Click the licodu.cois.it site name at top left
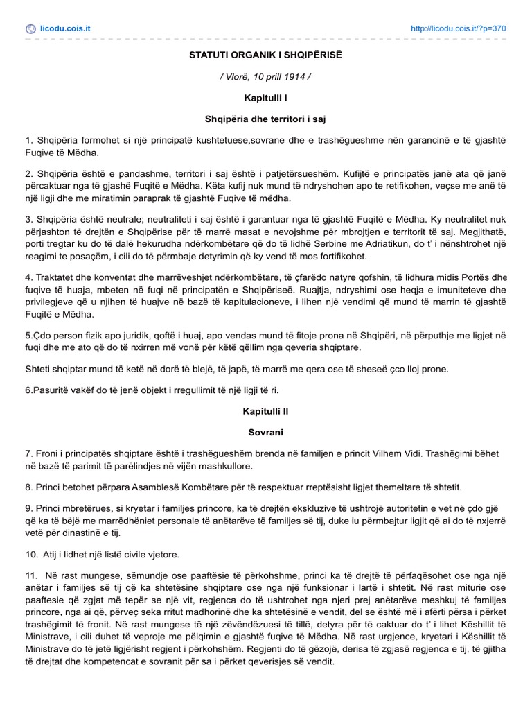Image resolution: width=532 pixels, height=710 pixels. coord(66,28)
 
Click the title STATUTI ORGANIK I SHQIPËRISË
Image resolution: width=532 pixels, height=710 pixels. coord(265,55)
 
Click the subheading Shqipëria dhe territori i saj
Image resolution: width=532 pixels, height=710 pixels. coord(265,119)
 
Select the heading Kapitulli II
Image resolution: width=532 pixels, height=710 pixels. coord(265,411)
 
